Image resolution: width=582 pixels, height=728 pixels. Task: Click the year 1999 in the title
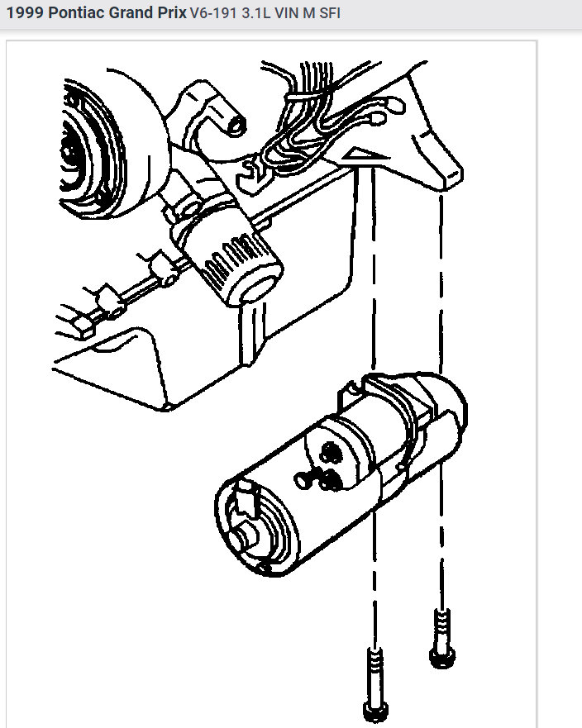pyautogui.click(x=22, y=14)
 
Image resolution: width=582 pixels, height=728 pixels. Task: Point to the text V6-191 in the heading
pyautogui.click(x=210, y=14)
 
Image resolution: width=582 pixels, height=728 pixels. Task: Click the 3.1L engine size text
pyautogui.click(x=253, y=14)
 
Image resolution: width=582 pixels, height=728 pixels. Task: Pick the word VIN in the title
pyautogui.click(x=286, y=14)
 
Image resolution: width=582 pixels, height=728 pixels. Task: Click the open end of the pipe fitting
pyautogui.click(x=235, y=122)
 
